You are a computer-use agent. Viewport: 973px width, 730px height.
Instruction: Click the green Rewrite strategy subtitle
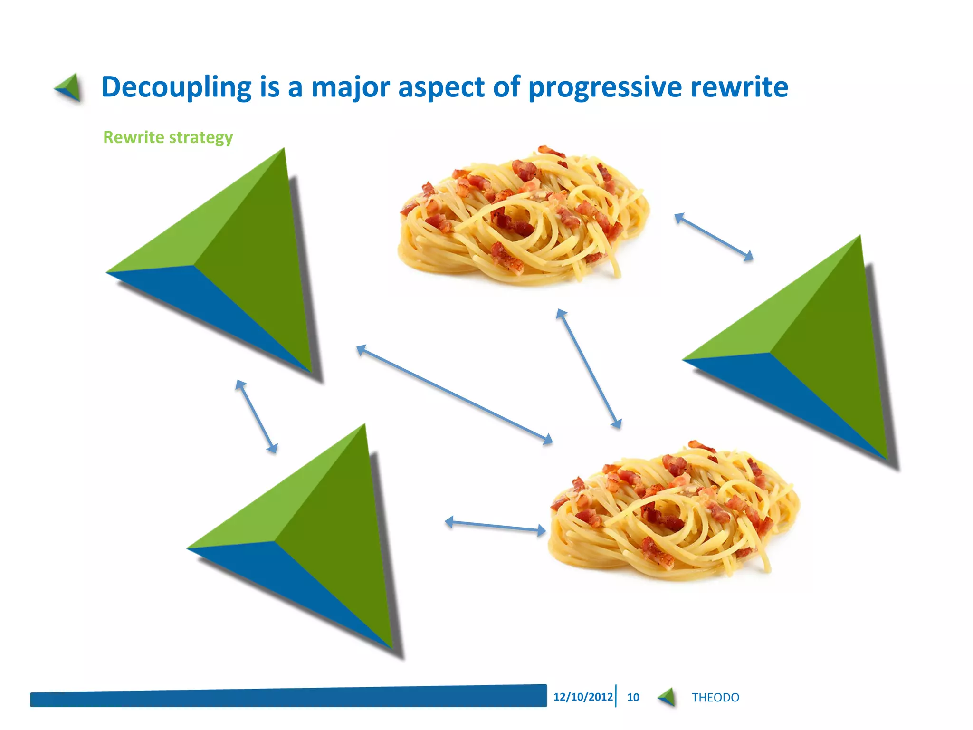168,137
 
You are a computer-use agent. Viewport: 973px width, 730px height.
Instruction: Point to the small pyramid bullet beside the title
69,87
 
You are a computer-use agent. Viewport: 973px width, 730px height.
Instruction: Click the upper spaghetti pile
523,216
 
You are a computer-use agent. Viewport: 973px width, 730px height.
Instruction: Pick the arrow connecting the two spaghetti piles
589,369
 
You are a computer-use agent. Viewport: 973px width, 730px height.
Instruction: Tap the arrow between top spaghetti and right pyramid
714,237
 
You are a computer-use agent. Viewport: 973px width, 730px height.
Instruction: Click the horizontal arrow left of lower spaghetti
496,526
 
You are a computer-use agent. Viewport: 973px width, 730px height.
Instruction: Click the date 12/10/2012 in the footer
583,697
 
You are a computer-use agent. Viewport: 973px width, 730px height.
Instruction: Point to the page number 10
633,697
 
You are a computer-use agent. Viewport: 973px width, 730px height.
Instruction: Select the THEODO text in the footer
715,697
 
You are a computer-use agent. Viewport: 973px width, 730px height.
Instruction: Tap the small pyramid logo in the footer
668,697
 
